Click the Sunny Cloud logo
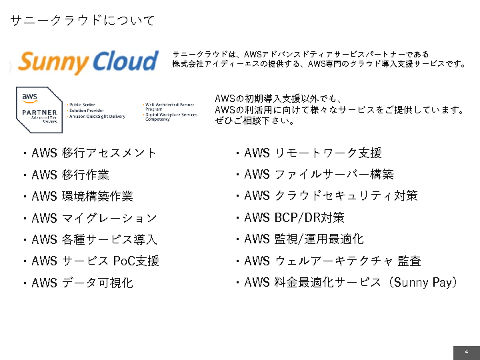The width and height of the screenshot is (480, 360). coord(88,61)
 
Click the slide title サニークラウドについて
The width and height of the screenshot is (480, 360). coord(83,21)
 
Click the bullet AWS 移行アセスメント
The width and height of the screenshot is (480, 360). coord(94,153)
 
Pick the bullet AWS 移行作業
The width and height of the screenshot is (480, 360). coord(70,175)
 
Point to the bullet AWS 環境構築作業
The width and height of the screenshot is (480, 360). coord(82,196)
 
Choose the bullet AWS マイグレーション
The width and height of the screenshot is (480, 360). coord(94,218)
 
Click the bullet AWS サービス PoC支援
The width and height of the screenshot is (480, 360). coord(95,261)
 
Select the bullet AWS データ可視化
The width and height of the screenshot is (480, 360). coord(82,283)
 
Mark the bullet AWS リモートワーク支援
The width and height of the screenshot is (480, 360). coord(313,153)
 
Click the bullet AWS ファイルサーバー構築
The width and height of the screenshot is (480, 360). coord(319,175)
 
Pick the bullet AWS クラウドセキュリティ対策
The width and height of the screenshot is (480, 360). coord(331,196)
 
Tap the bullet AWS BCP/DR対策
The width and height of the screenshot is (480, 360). coord(294,218)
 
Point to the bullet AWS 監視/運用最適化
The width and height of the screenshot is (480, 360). coord(304,239)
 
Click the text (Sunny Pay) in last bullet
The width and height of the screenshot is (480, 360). coord(424,283)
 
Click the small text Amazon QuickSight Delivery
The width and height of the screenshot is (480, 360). coord(97,116)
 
